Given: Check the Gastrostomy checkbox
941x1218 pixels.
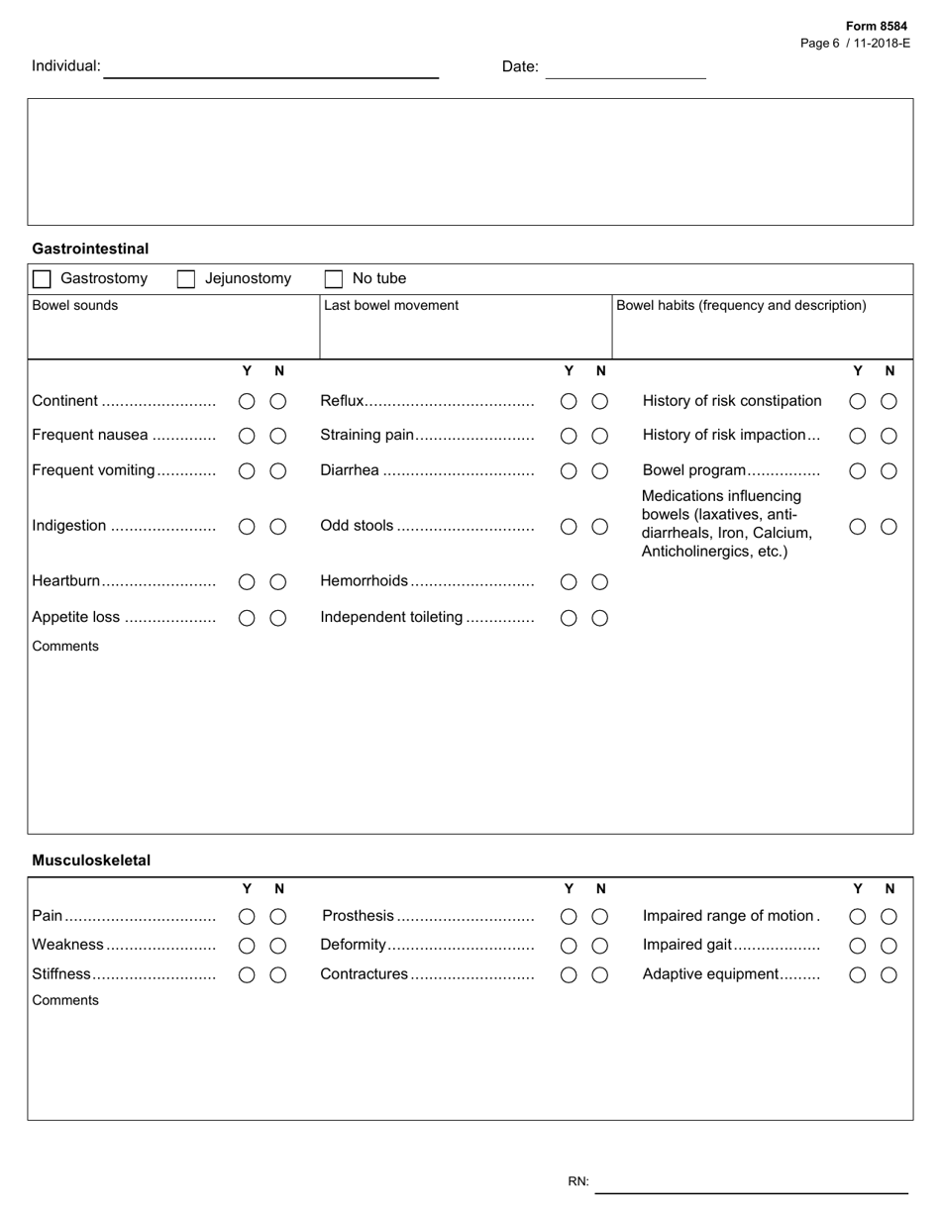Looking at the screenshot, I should click(42, 279).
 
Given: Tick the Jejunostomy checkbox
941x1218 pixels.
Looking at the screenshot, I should click(186, 279).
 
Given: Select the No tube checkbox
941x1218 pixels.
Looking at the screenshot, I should click(334, 279).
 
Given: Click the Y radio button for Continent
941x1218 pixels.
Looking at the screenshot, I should click(247, 401).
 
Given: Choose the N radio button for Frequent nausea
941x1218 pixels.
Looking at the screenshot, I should click(278, 436).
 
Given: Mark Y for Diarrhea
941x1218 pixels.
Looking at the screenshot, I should click(569, 471).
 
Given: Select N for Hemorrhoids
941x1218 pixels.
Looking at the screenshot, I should click(600, 582).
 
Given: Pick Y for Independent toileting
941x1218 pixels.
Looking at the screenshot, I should click(569, 618).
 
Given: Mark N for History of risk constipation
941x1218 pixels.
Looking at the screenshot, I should click(889, 401).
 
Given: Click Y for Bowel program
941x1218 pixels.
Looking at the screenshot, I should click(858, 471).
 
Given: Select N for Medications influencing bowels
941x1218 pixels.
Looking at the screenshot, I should click(889, 527).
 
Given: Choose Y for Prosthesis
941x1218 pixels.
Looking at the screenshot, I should click(569, 917).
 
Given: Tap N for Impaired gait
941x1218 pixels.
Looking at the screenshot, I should click(889, 946).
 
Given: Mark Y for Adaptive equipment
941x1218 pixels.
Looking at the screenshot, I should click(858, 974).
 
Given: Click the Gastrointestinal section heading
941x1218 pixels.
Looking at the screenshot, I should click(90, 249).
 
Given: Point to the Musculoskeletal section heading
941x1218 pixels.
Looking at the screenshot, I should click(91, 861).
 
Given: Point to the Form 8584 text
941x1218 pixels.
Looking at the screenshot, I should click(876, 27).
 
